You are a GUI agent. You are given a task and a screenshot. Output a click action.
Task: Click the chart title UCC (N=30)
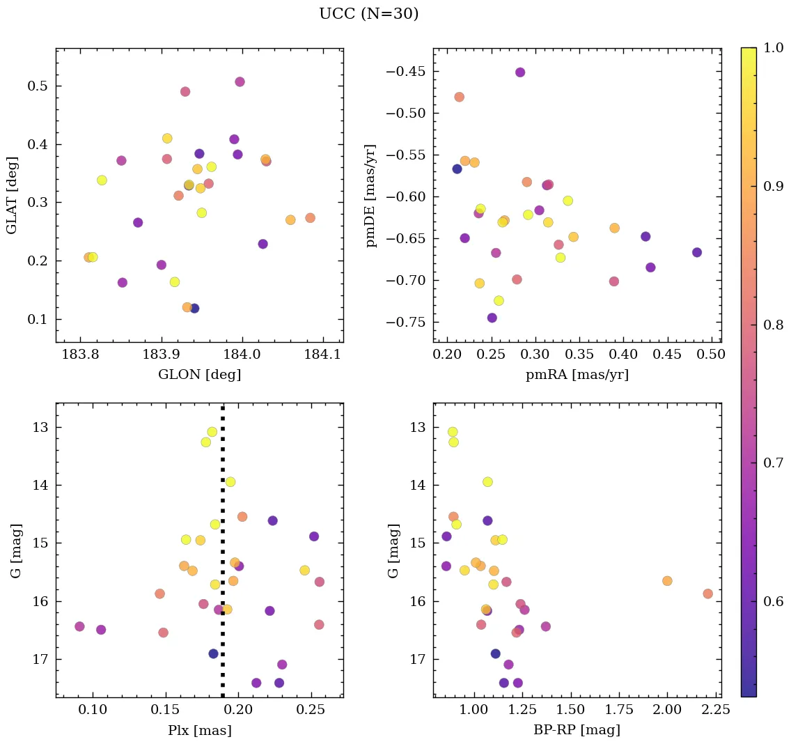[x=368, y=14]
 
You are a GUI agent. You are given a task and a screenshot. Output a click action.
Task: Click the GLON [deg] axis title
[x=199, y=375]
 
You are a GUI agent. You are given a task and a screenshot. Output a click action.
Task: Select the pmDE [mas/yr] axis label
[x=371, y=196]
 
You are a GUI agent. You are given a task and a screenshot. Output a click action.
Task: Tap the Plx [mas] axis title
[x=199, y=730]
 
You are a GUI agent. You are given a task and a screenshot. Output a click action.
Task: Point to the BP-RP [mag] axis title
[x=577, y=730]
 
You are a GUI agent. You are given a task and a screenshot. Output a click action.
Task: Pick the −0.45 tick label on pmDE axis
[x=408, y=71]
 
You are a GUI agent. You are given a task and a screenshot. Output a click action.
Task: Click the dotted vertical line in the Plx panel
[x=223, y=557]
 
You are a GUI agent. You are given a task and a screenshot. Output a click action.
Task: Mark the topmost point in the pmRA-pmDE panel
[x=520, y=72]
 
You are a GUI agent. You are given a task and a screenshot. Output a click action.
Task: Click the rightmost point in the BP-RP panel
[x=707, y=594]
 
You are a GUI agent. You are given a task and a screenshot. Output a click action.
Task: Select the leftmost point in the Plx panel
[x=79, y=626]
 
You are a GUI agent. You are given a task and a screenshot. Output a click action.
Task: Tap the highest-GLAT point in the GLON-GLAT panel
[x=240, y=82]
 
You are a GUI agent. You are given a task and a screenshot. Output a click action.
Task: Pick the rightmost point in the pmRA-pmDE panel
[x=697, y=252]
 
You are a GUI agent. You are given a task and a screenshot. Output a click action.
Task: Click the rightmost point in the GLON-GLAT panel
[x=310, y=218]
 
